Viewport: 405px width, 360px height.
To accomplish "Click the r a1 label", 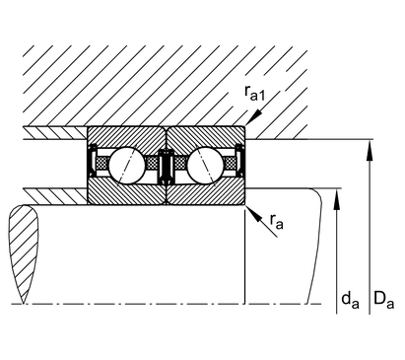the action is point(254,93).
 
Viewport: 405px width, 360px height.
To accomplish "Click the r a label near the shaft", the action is point(276,221).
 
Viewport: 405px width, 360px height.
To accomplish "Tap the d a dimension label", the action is point(350,300).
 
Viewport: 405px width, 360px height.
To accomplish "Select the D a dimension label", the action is point(383,300).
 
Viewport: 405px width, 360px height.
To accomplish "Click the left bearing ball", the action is point(126,165).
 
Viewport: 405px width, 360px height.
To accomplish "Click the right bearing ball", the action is point(205,165).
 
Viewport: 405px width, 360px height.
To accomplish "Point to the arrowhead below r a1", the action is point(255,117).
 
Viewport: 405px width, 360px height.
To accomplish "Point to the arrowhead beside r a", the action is point(254,214).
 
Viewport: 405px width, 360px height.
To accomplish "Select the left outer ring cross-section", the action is point(126,137).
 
